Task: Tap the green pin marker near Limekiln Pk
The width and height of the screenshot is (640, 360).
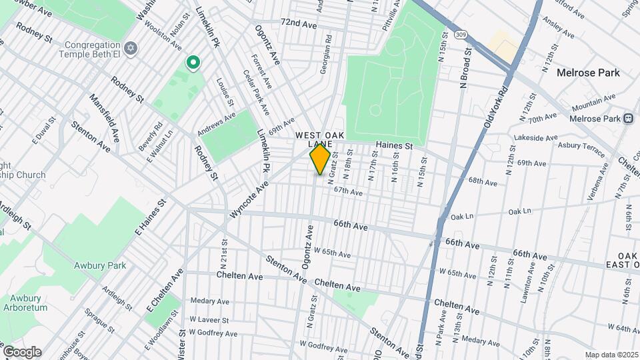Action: point(193,63)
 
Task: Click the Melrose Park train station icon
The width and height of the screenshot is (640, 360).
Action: point(628,119)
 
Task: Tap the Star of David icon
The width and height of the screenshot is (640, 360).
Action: point(131,49)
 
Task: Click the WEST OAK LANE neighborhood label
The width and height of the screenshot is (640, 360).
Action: point(320,139)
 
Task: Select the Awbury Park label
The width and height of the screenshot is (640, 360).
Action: point(99,265)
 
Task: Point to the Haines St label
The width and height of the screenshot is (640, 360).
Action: point(394,145)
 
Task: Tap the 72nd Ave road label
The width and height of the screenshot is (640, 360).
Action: point(298,24)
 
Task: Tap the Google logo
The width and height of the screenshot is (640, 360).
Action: point(21,352)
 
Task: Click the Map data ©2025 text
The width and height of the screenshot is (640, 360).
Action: point(611,355)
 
